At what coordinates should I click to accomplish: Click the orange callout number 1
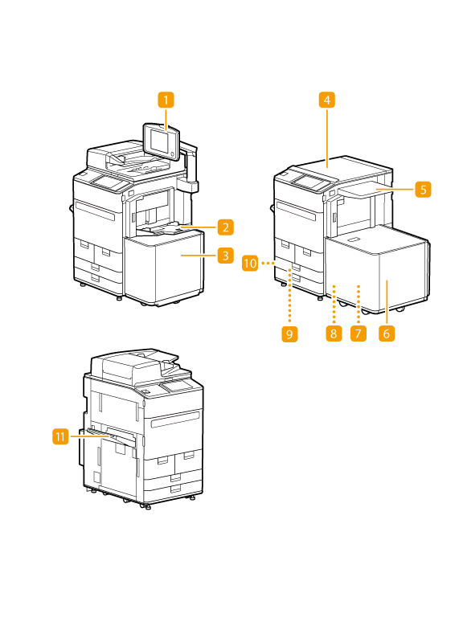[x=166, y=100]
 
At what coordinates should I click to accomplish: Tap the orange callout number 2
[x=226, y=227]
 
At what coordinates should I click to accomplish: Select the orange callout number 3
[x=226, y=256]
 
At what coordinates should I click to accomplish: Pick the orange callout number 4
[x=327, y=100]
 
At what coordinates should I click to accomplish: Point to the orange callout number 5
[x=423, y=189]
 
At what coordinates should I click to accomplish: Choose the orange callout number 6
[x=387, y=334]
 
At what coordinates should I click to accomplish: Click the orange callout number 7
[x=358, y=334]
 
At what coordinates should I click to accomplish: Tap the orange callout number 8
[x=334, y=334]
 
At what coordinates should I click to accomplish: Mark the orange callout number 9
[x=289, y=334]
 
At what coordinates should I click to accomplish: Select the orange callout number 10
[x=250, y=263]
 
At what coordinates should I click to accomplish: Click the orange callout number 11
[x=60, y=436]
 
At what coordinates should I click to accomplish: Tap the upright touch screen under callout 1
[x=161, y=142]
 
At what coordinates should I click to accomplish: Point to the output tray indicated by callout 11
[x=111, y=436]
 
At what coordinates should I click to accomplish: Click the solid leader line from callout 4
[x=327, y=137]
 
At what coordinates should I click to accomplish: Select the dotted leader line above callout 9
[x=289, y=297]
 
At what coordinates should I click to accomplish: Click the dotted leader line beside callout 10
[x=268, y=263]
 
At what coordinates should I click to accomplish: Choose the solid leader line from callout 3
[x=199, y=256]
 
